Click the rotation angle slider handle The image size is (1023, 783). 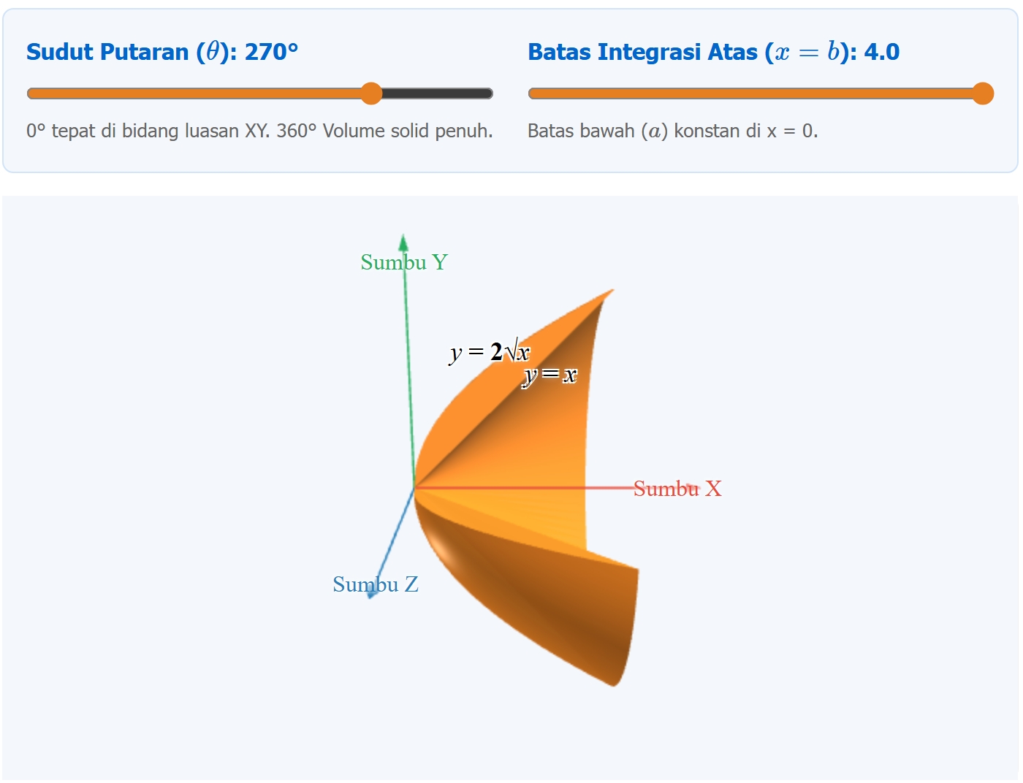click(x=371, y=93)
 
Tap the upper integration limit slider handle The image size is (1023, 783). click(x=983, y=93)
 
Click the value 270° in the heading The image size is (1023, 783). click(x=271, y=52)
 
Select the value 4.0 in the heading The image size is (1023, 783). click(x=882, y=52)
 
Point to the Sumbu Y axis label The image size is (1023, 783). click(x=404, y=262)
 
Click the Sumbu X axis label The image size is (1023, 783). click(x=677, y=489)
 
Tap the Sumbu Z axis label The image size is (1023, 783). click(x=375, y=584)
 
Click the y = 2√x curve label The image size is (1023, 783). click(x=490, y=352)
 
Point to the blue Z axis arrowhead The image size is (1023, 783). click(x=371, y=594)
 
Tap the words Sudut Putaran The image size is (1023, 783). click(x=107, y=52)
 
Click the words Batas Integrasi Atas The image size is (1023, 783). click(x=642, y=52)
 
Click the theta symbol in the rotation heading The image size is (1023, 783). click(x=213, y=52)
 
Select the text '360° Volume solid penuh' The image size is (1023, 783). click(x=384, y=131)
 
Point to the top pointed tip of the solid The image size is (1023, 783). click(x=613, y=290)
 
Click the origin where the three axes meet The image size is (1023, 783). click(x=414, y=489)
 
